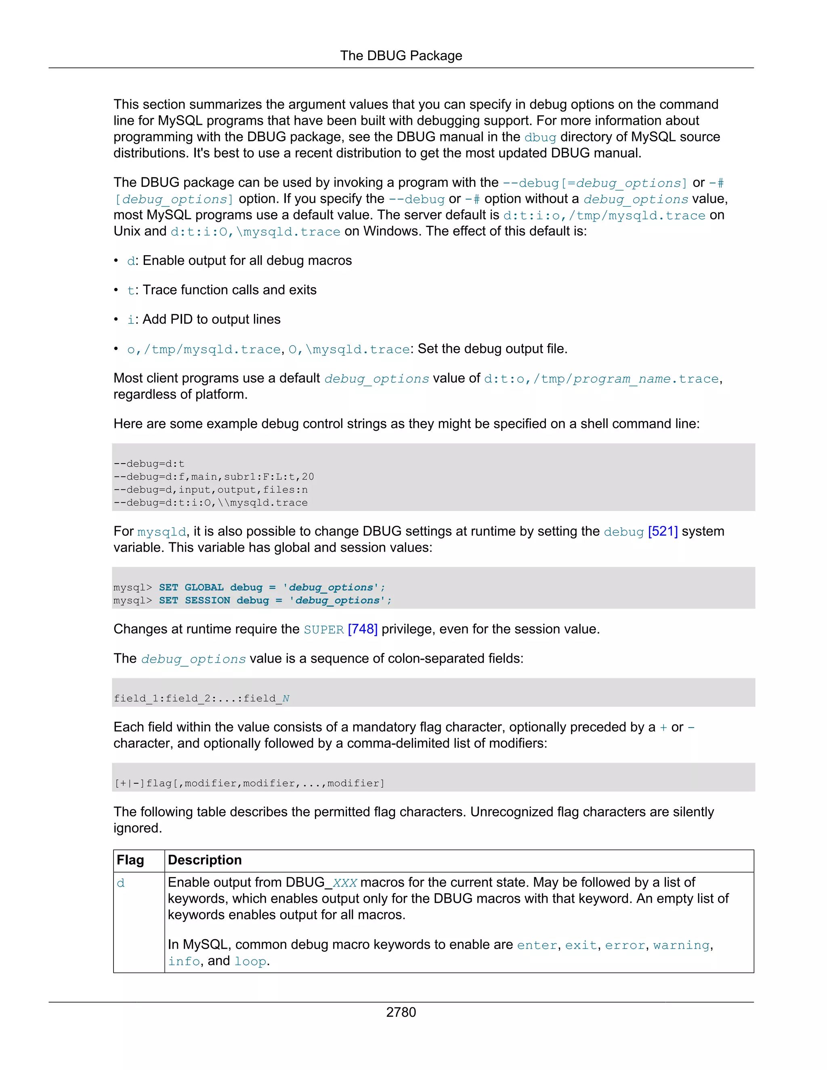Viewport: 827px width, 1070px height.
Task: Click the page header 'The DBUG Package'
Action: coord(401,56)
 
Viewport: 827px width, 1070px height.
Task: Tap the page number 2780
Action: coord(401,1012)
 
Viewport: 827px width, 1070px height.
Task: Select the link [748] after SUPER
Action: coord(363,629)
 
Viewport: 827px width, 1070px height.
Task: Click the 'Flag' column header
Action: coord(130,860)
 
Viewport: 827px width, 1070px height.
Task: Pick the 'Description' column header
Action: coord(205,860)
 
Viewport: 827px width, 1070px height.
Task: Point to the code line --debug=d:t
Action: coord(149,464)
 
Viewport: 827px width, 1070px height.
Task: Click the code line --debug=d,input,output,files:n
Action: coord(211,489)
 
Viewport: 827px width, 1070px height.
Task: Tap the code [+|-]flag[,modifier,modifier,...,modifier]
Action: coord(249,783)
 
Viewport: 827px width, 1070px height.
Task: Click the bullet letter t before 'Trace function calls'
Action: coord(130,291)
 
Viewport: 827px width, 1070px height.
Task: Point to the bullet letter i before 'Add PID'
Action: coord(130,320)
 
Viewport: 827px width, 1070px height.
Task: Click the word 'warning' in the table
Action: coord(681,945)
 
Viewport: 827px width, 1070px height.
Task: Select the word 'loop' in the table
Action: coord(250,961)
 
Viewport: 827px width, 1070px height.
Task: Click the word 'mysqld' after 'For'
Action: coord(162,532)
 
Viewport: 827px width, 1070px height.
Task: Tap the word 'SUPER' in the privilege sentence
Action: coord(323,629)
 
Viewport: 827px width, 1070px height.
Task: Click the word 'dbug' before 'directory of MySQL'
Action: coord(540,138)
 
